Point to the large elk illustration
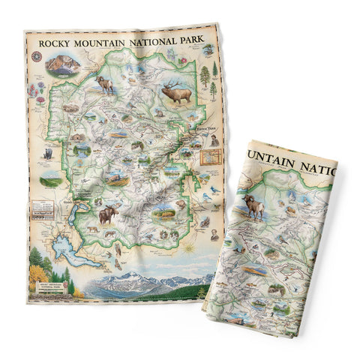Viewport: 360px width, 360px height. point(177,91)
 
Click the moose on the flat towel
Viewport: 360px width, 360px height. point(108,215)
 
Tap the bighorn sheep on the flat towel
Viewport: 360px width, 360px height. point(104,83)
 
